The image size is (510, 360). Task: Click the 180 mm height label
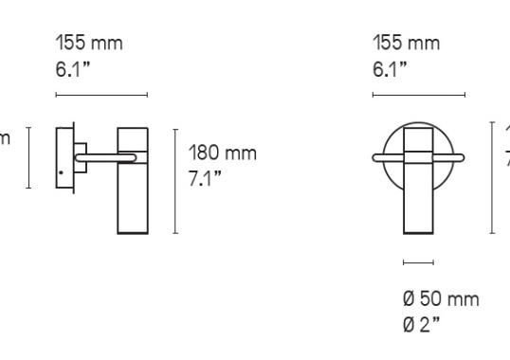224,153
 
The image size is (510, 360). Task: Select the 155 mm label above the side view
89,43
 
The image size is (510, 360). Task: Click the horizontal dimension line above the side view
101,95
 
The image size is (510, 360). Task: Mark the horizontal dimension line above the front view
419,95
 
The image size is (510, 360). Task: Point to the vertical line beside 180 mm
177,179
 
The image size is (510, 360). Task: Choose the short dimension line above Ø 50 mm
418,261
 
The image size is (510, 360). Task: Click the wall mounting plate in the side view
63,156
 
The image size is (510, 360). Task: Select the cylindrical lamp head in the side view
133,179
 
